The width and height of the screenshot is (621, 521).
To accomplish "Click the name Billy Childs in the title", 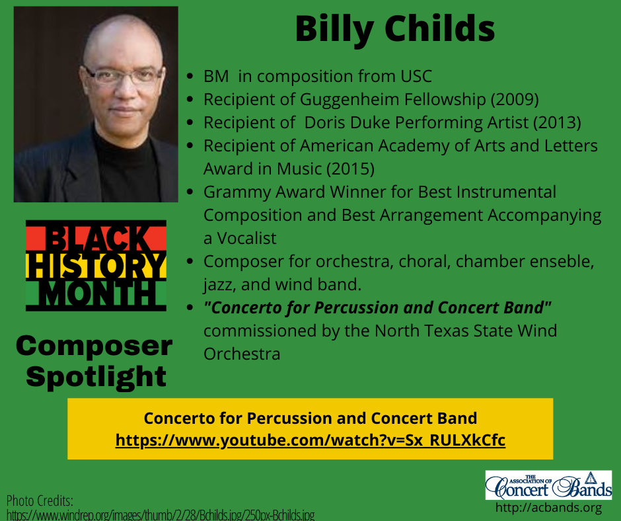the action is pyautogui.click(x=395, y=29).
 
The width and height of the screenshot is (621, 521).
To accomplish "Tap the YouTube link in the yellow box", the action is pyautogui.click(x=310, y=440).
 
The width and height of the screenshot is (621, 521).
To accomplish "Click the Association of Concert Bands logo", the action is pyautogui.click(x=548, y=485).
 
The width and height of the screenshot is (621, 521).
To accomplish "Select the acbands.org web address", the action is pyautogui.click(x=548, y=508).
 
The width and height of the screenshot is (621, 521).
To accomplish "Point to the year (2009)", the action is pyautogui.click(x=515, y=100).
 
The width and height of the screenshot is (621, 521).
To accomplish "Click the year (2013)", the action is pyautogui.click(x=557, y=122).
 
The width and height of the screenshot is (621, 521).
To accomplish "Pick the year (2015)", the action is pyautogui.click(x=350, y=169).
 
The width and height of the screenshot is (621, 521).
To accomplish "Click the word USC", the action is pyautogui.click(x=416, y=76).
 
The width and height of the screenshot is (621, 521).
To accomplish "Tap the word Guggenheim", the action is pyautogui.click(x=349, y=100).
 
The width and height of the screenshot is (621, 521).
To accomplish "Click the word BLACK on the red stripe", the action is pyautogui.click(x=96, y=238).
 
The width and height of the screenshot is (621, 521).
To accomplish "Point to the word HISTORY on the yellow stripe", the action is pyautogui.click(x=96, y=265).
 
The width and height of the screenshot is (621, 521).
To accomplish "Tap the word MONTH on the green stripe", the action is pyautogui.click(x=96, y=293).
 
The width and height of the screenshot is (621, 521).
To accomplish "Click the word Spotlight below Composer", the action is pyautogui.click(x=96, y=377).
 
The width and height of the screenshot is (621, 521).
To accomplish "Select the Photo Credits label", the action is pyautogui.click(x=40, y=501).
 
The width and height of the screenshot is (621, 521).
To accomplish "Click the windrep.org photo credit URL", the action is pyautogui.click(x=161, y=515).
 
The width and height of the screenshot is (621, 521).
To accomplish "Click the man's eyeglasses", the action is pyautogui.click(x=124, y=75).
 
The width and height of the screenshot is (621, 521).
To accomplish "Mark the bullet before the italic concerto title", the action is pyautogui.click(x=190, y=307).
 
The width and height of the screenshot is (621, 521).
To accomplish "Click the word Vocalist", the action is pyautogui.click(x=246, y=238).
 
